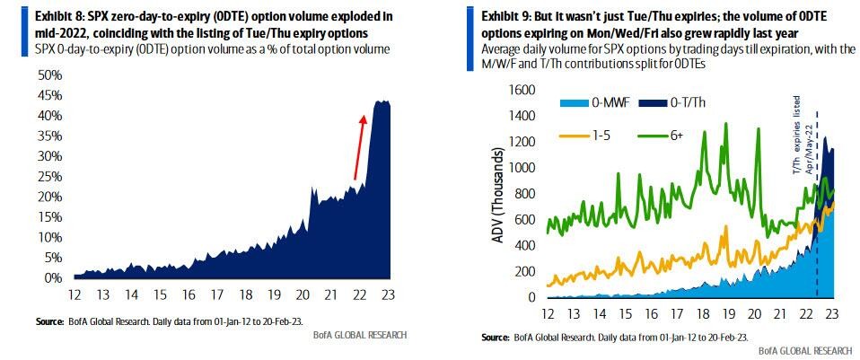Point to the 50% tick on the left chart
click(x=48, y=74)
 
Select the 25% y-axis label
click(x=48, y=176)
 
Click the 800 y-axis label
click(x=522, y=194)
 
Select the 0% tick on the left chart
click(x=51, y=278)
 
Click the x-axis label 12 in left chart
click(x=78, y=294)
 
